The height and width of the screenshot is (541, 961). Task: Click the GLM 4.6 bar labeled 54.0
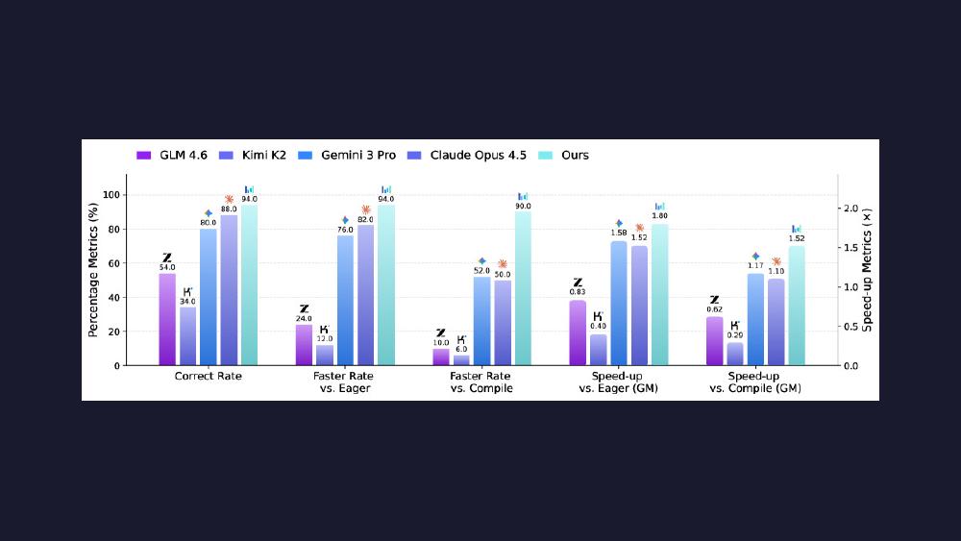pyautogui.click(x=167, y=320)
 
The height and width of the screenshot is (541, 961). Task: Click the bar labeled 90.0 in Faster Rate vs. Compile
pyautogui.click(x=523, y=288)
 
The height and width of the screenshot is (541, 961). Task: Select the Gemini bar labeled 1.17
pyautogui.click(x=755, y=320)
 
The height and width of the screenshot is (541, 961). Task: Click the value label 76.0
pyautogui.click(x=345, y=230)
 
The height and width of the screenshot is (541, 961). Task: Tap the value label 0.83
pyautogui.click(x=578, y=292)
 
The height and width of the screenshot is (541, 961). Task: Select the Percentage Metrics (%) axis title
pyautogui.click(x=93, y=270)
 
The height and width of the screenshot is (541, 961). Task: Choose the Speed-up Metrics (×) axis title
pyautogui.click(x=867, y=270)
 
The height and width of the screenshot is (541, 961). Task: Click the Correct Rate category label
pyautogui.click(x=209, y=376)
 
